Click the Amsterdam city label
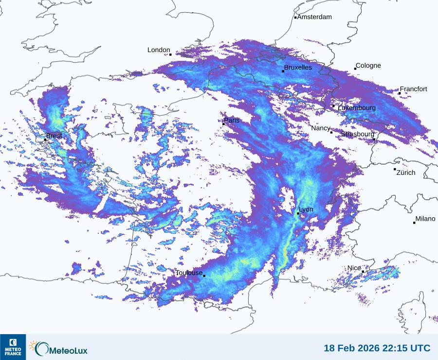pyautogui.click(x=314, y=17)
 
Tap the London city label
pyautogui.click(x=159, y=50)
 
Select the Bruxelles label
pyautogui.click(x=298, y=68)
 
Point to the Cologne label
pyautogui.click(x=368, y=66)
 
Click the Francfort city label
pyautogui.click(x=413, y=89)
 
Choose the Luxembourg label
pyautogui.click(x=357, y=108)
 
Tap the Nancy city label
pyautogui.click(x=321, y=128)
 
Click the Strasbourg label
pyautogui.click(x=358, y=134)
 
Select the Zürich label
pyautogui.click(x=406, y=172)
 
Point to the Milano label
pyautogui.click(x=425, y=219)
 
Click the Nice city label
pyautogui.click(x=354, y=268)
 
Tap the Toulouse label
pyautogui.click(x=189, y=273)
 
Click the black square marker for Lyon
pyautogui.click(x=298, y=213)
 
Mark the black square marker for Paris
pyautogui.click(x=223, y=124)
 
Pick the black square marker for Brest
pyautogui.click(x=45, y=139)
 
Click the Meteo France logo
pyautogui.click(x=13, y=347)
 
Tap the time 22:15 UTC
pyautogui.click(x=408, y=348)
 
